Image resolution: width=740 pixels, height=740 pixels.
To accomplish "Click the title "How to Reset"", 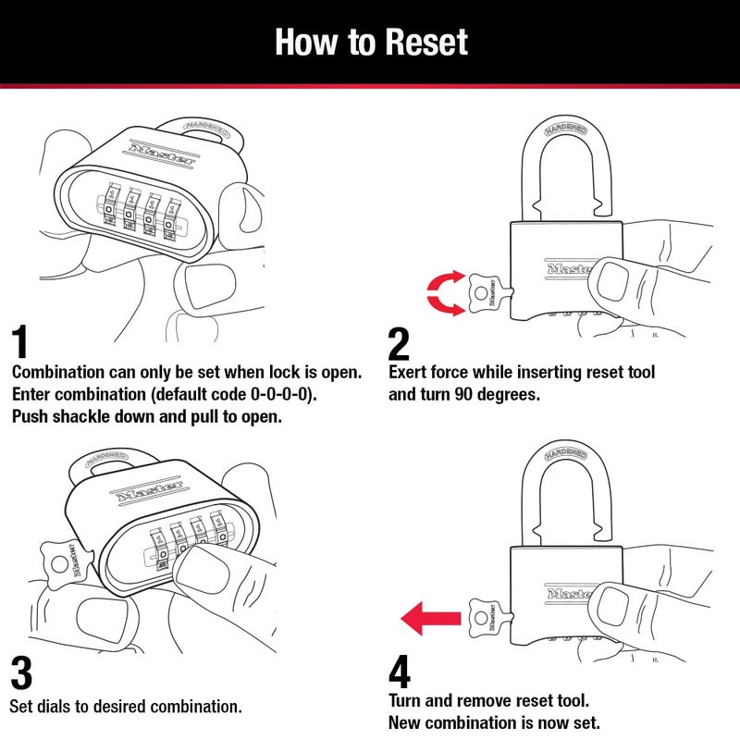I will click(371, 43).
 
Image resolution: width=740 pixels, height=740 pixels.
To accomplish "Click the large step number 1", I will click(27, 343).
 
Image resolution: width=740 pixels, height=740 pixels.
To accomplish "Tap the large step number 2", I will click(399, 343).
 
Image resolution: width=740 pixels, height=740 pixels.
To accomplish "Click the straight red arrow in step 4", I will click(430, 617).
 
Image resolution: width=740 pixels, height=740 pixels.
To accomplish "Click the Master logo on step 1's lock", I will click(161, 152).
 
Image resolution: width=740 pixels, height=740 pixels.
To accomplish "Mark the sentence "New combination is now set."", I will click(495, 721).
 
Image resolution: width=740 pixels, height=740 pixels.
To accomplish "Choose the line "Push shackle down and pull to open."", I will click(147, 416).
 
